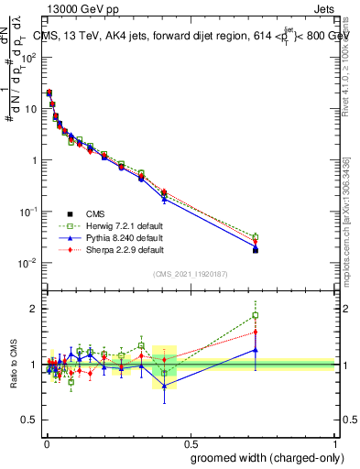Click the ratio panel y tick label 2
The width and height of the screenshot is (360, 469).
tap(34, 309)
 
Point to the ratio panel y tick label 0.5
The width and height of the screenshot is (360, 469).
tap(30, 420)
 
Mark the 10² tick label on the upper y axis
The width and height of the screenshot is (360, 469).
tap(30, 57)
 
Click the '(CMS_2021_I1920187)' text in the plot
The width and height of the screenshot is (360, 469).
tap(191, 273)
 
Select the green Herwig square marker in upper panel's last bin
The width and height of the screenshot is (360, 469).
tap(256, 236)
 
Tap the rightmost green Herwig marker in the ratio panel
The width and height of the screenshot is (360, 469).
tap(256, 316)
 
